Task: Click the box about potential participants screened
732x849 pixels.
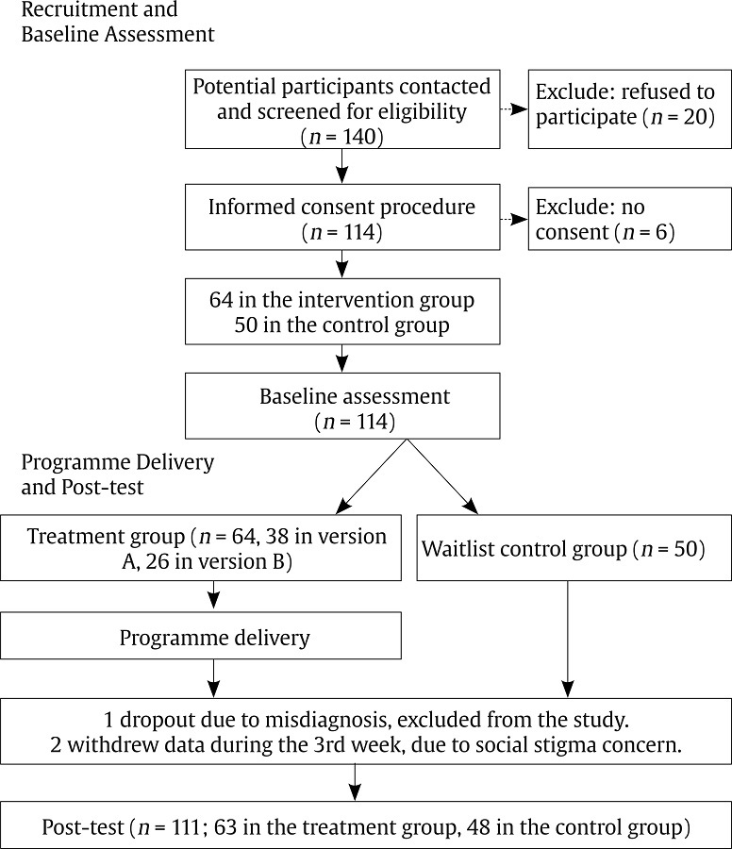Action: pyautogui.click(x=341, y=110)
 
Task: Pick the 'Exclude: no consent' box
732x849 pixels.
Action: pyautogui.click(x=629, y=219)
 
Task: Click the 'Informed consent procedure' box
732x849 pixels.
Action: pyautogui.click(x=341, y=219)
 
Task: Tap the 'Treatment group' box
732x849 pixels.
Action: pyautogui.click(x=200, y=548)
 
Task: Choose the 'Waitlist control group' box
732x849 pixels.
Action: pyautogui.click(x=574, y=548)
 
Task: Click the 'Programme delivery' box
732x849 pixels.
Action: pyautogui.click(x=200, y=636)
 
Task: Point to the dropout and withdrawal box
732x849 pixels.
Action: pyautogui.click(x=365, y=731)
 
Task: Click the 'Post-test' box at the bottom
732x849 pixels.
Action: pyautogui.click(x=365, y=827)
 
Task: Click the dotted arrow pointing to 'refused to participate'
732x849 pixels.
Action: pyautogui.click(x=514, y=110)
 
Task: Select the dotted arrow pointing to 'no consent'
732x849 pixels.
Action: pyautogui.click(x=514, y=219)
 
